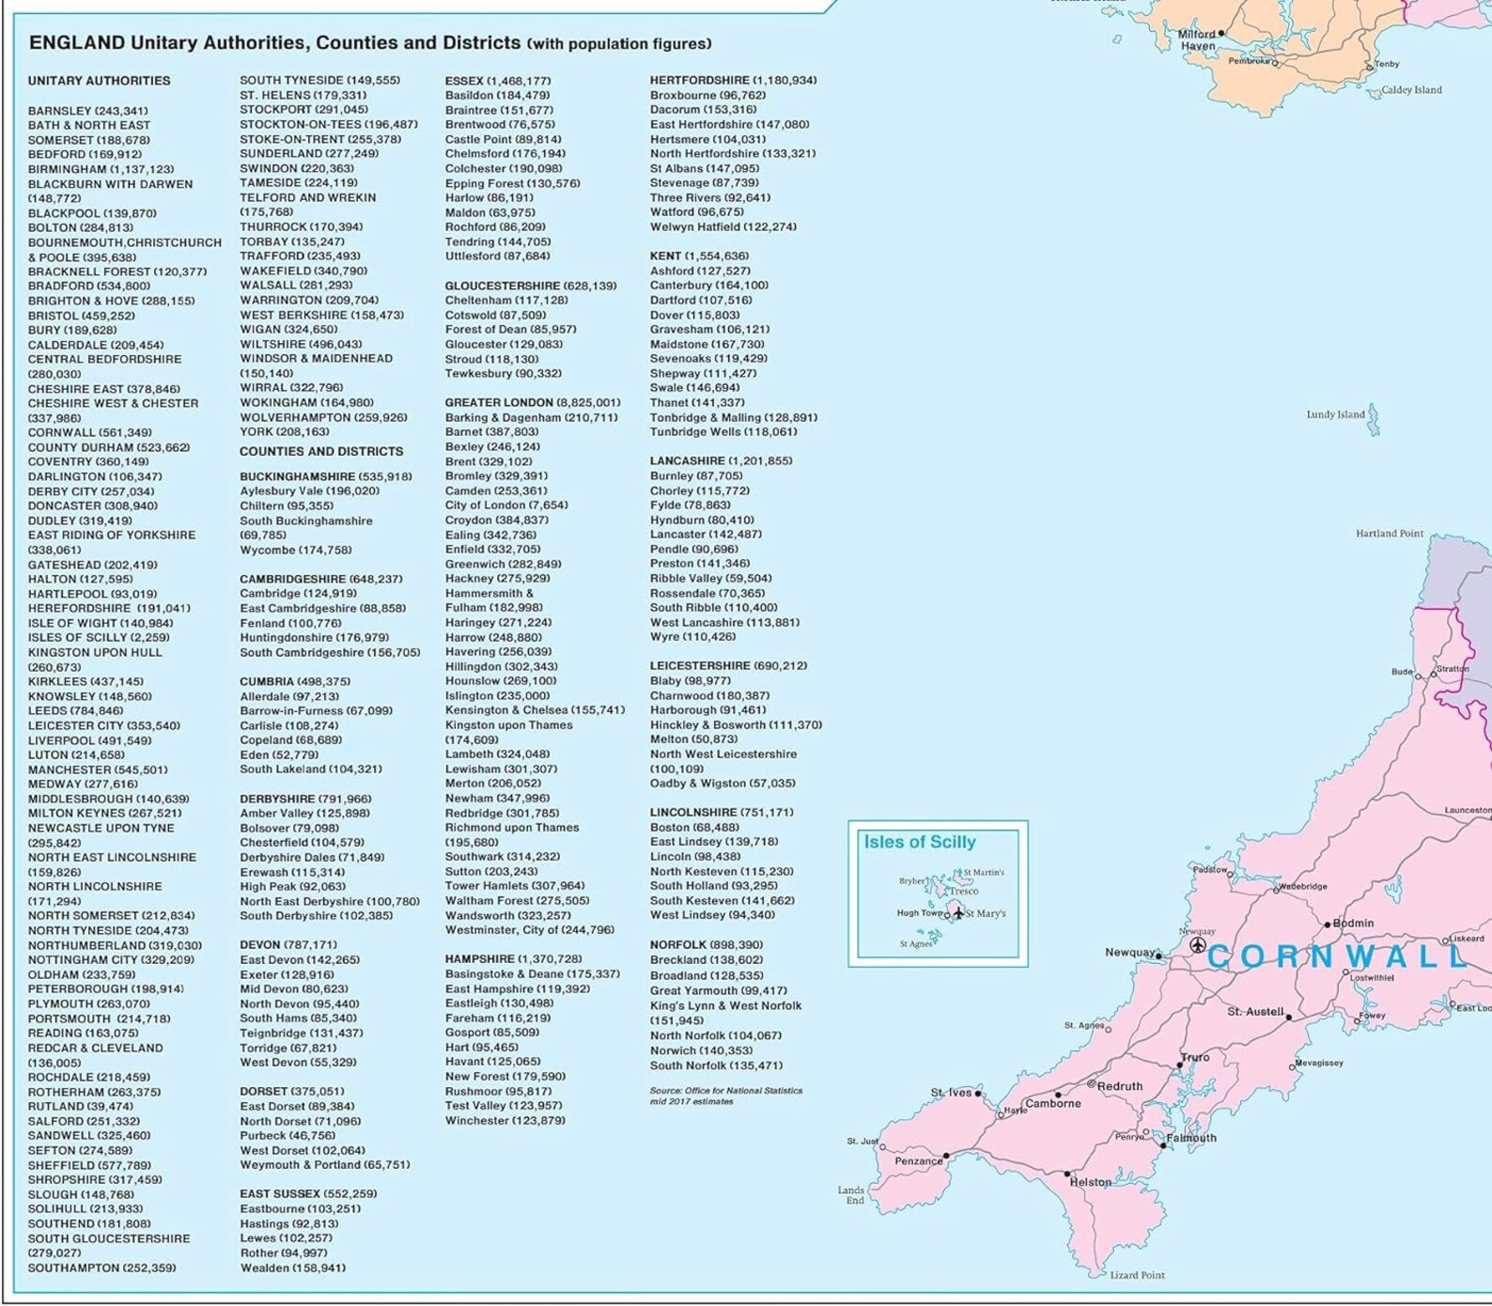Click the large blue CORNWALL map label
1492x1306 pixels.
coord(1336,956)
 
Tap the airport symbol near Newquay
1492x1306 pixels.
coord(1197,945)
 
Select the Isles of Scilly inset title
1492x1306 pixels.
coord(919,842)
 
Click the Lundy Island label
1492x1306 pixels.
coord(1334,414)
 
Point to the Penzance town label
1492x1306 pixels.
coord(917,1161)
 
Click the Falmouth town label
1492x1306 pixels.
coord(1191,1138)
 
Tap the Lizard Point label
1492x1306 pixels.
coord(1137,1275)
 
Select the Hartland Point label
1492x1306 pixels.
coord(1389,534)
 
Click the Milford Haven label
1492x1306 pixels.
coord(1197,39)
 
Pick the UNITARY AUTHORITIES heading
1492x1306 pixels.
coord(99,81)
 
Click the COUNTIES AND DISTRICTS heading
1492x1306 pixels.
coord(321,451)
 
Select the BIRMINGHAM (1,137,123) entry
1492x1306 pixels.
coord(101,169)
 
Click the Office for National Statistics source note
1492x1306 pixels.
coord(725,1096)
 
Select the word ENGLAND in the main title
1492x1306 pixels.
coord(76,42)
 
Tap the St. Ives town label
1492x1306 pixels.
coord(951,1093)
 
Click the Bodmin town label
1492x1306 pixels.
coord(1353,923)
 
